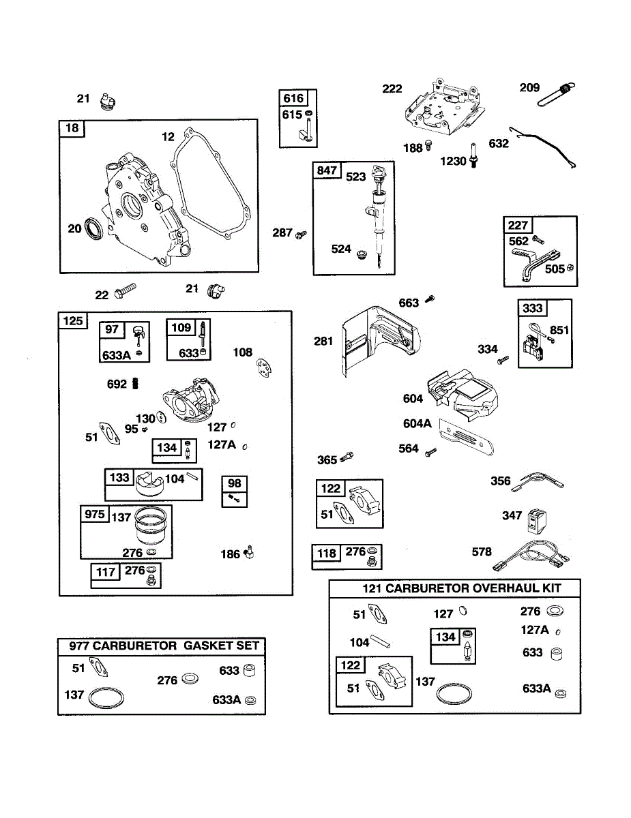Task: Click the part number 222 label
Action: [392, 89]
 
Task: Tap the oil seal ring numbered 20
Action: [96, 229]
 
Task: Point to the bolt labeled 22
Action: [125, 294]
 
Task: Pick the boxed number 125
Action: [74, 320]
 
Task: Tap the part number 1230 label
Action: [454, 162]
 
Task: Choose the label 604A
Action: [417, 423]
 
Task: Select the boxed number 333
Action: [533, 308]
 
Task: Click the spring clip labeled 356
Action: [539, 482]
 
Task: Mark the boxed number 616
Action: [293, 98]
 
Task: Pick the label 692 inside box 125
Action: [117, 384]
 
